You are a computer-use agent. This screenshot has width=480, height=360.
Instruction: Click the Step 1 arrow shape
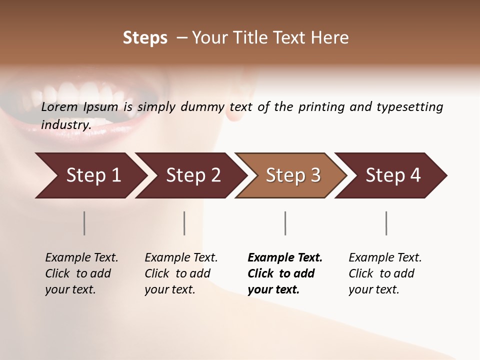[x=90, y=175]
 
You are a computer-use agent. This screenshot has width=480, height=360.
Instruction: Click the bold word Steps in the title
[x=145, y=38]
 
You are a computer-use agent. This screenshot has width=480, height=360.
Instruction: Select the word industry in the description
[x=65, y=124]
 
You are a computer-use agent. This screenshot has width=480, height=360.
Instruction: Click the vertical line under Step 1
[x=84, y=223]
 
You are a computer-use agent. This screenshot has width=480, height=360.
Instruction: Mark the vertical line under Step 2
[x=184, y=223]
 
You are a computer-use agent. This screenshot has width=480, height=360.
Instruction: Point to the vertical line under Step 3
[x=285, y=223]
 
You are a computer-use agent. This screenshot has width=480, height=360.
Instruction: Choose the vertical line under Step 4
[x=386, y=223]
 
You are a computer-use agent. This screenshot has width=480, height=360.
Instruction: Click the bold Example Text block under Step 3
[x=284, y=273]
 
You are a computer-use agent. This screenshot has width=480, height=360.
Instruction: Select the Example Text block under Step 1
[x=81, y=273]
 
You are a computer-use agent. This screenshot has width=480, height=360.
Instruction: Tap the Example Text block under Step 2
[x=181, y=273]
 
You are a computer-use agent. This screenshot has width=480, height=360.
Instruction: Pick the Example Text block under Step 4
[x=385, y=273]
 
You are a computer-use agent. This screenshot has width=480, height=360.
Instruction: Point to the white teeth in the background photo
[x=75, y=95]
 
